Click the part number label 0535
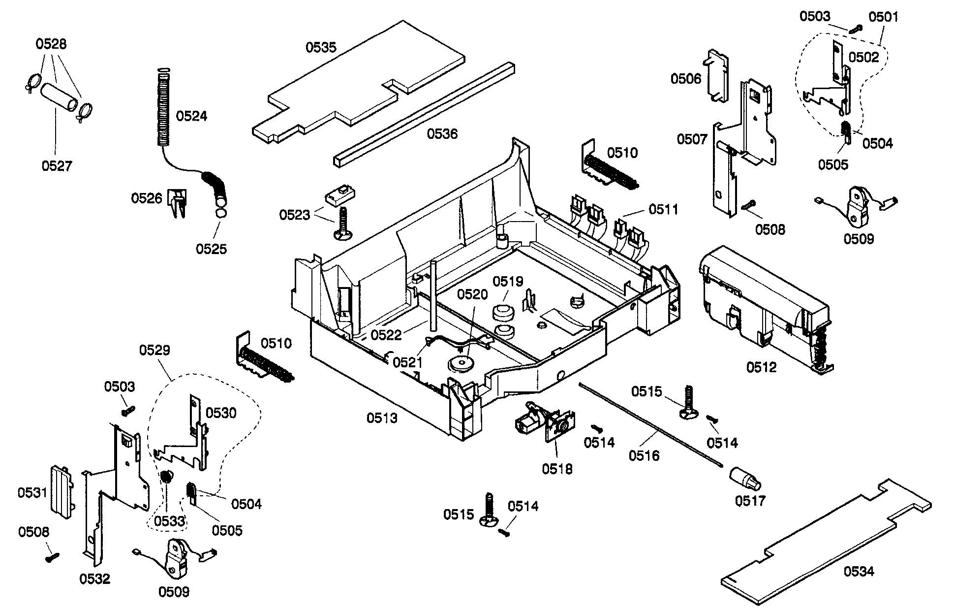pyautogui.click(x=321, y=47)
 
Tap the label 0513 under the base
pyautogui.click(x=382, y=418)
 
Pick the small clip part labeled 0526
pyautogui.click(x=178, y=202)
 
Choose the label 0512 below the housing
pyautogui.click(x=761, y=367)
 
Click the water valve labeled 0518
pyautogui.click(x=541, y=421)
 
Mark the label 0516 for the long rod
pyautogui.click(x=644, y=456)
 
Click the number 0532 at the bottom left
pyautogui.click(x=95, y=579)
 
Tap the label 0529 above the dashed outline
pyautogui.click(x=154, y=350)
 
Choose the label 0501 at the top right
pyautogui.click(x=883, y=17)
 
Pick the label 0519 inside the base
pyautogui.click(x=508, y=282)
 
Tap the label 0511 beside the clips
pyautogui.click(x=663, y=209)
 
